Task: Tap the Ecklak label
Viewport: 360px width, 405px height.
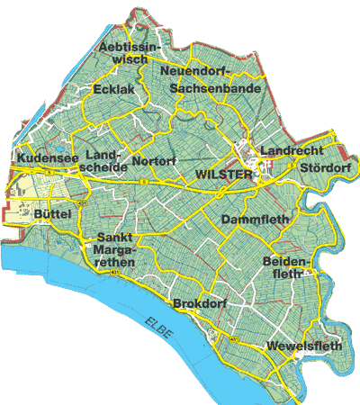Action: click(x=112, y=90)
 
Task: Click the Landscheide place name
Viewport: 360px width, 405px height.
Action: click(x=104, y=161)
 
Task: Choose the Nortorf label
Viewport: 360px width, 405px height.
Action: click(x=154, y=161)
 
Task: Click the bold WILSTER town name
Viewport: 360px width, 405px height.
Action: click(x=223, y=175)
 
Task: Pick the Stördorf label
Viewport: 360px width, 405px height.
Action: click(x=324, y=166)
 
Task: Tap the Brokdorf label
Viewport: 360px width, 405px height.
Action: click(x=198, y=303)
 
